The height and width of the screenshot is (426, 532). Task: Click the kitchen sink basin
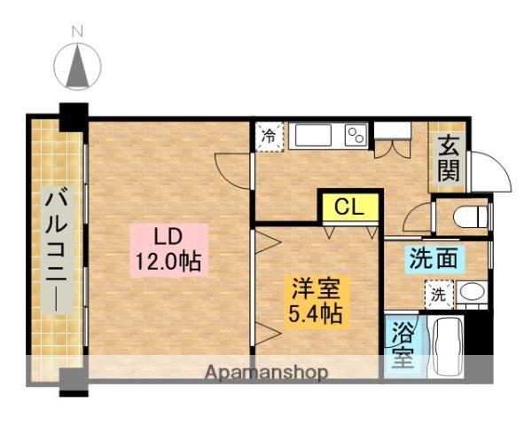(313, 136)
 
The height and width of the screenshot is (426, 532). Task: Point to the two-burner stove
(356, 136)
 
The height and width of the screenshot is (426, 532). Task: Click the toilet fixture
(470, 217)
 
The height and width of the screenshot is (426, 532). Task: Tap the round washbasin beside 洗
(470, 293)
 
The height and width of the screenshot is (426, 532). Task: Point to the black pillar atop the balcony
(74, 116)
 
